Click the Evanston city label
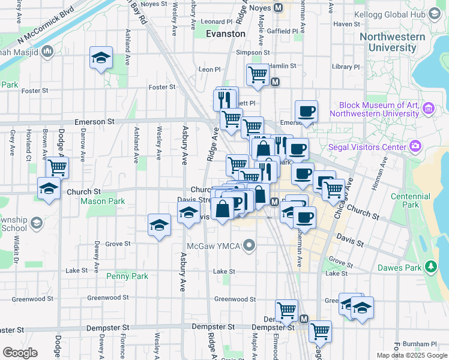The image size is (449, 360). pos(225,34)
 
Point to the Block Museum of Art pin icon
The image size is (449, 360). pos(429,109)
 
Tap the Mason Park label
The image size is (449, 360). pos(103,201)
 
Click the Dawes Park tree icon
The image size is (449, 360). pos(430,266)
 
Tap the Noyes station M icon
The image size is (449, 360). pos(278,8)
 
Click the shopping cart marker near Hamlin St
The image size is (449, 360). pos(258,75)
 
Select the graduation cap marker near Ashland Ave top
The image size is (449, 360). pos(101,58)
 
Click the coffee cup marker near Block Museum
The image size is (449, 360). pos(306,111)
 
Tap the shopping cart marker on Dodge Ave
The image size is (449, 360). pos(57,167)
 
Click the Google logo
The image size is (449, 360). pos(20,353)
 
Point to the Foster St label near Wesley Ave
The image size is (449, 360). pos(162,87)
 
